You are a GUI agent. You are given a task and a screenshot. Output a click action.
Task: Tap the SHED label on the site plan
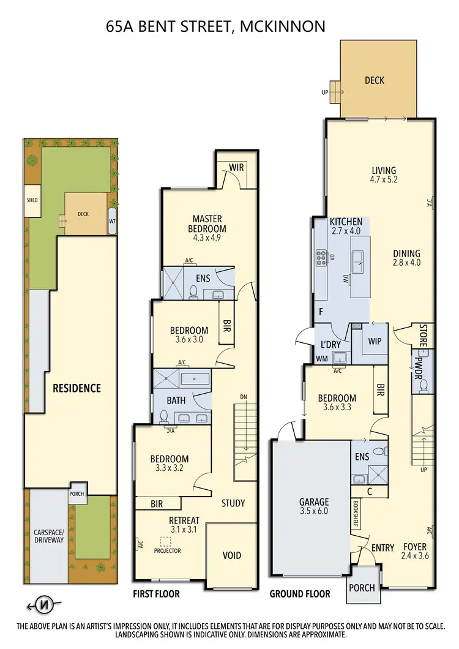pyautogui.click(x=32, y=200)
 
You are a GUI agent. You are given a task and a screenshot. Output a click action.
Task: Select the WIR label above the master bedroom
pyautogui.click(x=237, y=167)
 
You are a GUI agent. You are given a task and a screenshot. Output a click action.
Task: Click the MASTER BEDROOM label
pyautogui.click(x=207, y=223)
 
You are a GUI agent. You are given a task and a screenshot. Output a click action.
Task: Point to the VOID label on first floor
pyautogui.click(x=231, y=555)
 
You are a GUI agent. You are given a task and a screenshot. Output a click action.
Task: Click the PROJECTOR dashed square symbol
pyautogui.click(x=165, y=541)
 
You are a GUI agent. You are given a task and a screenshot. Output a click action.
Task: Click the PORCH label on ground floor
pyautogui.click(x=361, y=587)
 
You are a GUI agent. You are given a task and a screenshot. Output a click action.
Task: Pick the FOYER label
pyautogui.click(x=415, y=547)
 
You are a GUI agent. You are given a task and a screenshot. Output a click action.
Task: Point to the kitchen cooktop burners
pyautogui.click(x=321, y=258)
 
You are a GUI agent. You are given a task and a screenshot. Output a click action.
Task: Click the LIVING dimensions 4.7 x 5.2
pyautogui.click(x=384, y=180)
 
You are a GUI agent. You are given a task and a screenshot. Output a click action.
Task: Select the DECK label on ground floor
pyautogui.click(x=374, y=80)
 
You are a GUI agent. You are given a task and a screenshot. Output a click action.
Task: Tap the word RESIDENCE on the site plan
pyautogui.click(x=76, y=388)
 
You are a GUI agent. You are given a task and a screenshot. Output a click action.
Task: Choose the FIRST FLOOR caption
pyautogui.click(x=156, y=593)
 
